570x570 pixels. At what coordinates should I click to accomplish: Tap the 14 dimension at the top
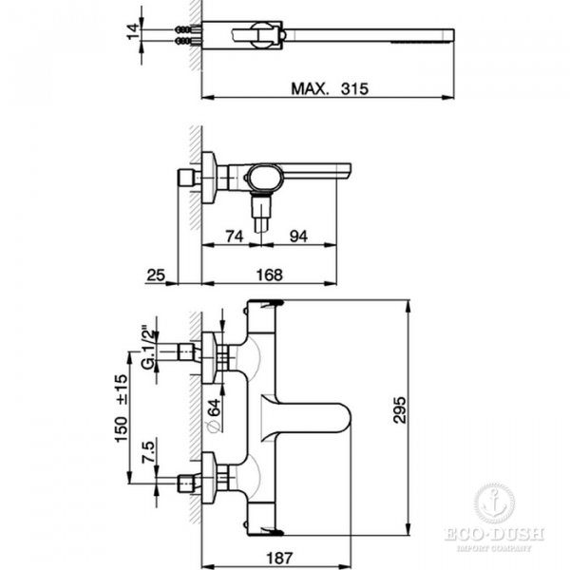click(x=134, y=32)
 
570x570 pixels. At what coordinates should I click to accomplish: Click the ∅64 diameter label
click(x=213, y=414)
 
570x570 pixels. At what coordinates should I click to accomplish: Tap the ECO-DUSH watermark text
click(x=495, y=535)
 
